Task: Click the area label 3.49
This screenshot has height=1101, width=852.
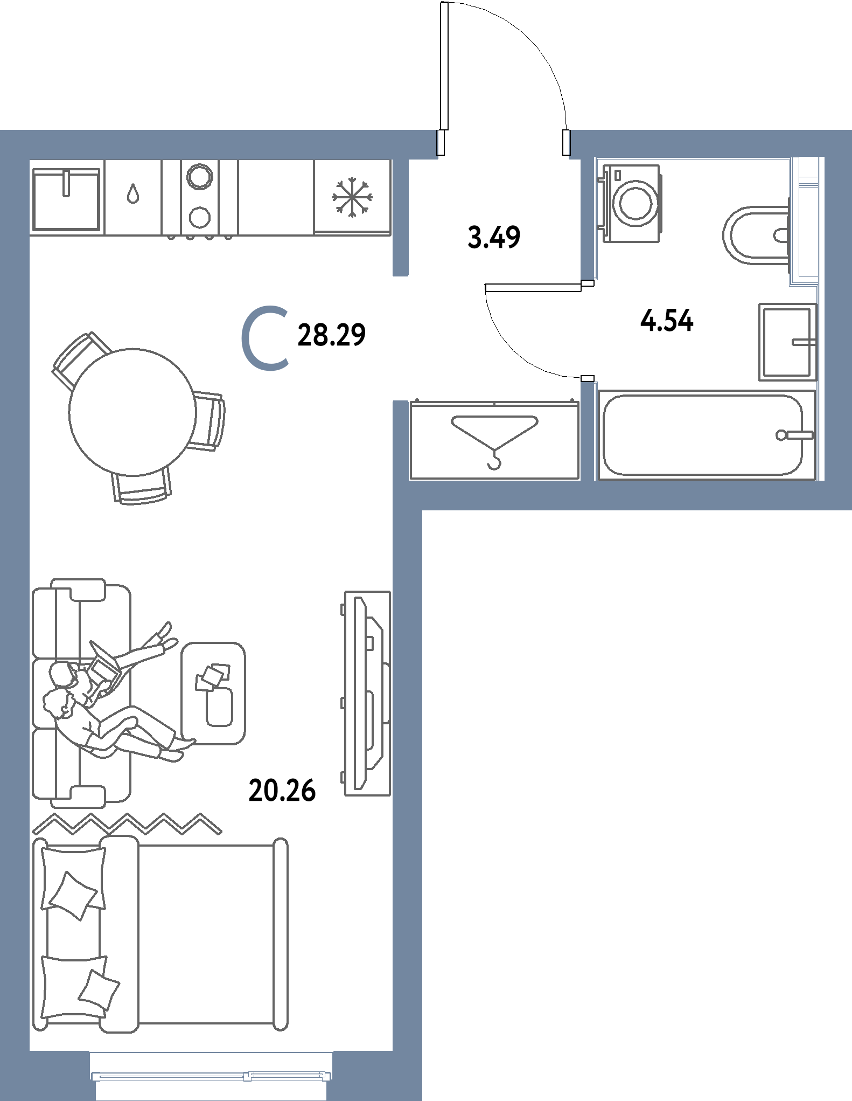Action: click(494, 238)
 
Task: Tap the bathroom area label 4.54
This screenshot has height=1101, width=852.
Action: click(667, 321)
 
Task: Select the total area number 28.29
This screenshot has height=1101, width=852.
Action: click(331, 335)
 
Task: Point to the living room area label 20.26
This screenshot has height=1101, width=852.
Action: click(282, 791)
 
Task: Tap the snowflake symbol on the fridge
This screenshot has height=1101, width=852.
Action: click(352, 197)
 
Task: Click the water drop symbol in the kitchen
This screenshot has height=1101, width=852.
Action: click(133, 193)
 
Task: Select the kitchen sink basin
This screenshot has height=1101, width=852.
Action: click(66, 199)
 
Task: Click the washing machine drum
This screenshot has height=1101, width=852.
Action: click(635, 204)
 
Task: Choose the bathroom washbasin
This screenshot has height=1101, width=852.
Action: click(788, 342)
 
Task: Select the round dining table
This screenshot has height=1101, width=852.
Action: click(132, 412)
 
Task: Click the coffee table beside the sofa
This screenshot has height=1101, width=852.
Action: click(213, 693)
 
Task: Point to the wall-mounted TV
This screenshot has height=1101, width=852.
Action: click(367, 693)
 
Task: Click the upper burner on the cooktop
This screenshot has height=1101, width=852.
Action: click(200, 176)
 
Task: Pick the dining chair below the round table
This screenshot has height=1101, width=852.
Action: click(142, 486)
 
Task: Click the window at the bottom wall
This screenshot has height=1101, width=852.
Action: click(211, 1076)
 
